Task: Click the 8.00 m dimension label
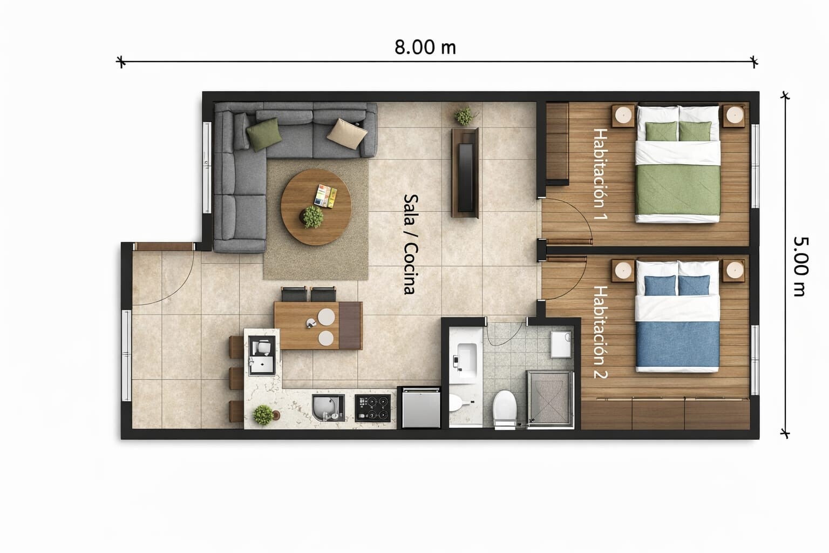(x=425, y=48)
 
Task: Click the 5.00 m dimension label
(x=801, y=267)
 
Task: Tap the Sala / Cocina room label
(x=410, y=245)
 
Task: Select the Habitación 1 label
(x=600, y=174)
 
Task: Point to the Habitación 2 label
(x=600, y=332)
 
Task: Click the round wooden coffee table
(x=316, y=207)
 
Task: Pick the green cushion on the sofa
(x=264, y=134)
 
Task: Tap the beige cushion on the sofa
(x=347, y=134)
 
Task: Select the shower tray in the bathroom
(x=550, y=399)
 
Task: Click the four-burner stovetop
(x=373, y=408)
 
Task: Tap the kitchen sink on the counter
(x=328, y=408)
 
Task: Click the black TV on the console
(x=466, y=178)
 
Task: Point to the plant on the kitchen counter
(x=263, y=415)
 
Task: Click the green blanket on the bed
(x=678, y=190)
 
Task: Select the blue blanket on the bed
(x=678, y=344)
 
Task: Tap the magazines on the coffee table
(x=325, y=196)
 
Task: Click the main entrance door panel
(x=164, y=246)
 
